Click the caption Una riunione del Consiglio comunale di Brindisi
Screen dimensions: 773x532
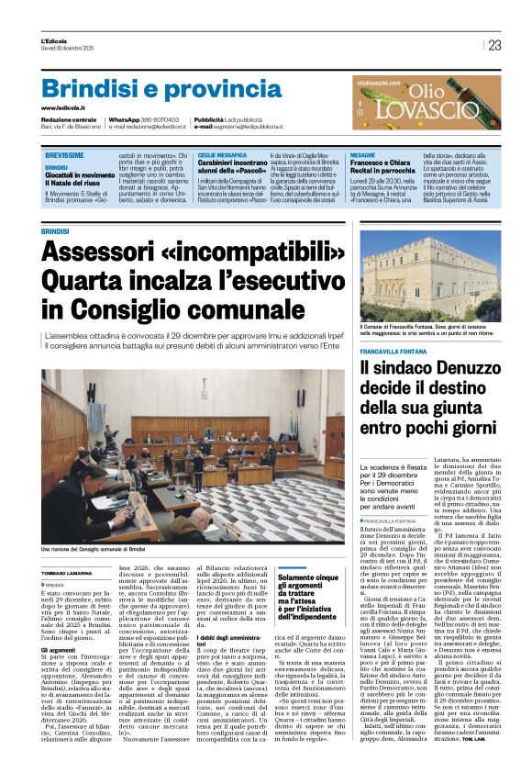[93, 549]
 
